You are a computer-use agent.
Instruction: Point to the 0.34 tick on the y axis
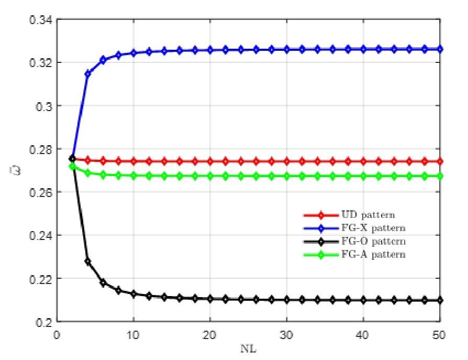coord(41,20)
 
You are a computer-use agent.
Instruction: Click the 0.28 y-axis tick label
coord(41,149)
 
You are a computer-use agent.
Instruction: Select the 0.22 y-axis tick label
coord(41,278)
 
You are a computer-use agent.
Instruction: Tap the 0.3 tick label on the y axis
coord(44,106)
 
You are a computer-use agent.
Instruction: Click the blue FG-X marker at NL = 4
coord(87,74)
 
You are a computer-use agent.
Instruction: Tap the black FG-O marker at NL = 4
coord(87,261)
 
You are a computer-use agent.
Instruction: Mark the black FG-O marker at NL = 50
coord(439,300)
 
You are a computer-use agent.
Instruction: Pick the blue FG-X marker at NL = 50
coord(439,49)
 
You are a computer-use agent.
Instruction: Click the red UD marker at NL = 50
coord(439,161)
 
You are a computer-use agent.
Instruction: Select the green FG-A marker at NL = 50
coord(439,176)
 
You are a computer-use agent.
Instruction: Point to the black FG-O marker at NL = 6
coord(103,283)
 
